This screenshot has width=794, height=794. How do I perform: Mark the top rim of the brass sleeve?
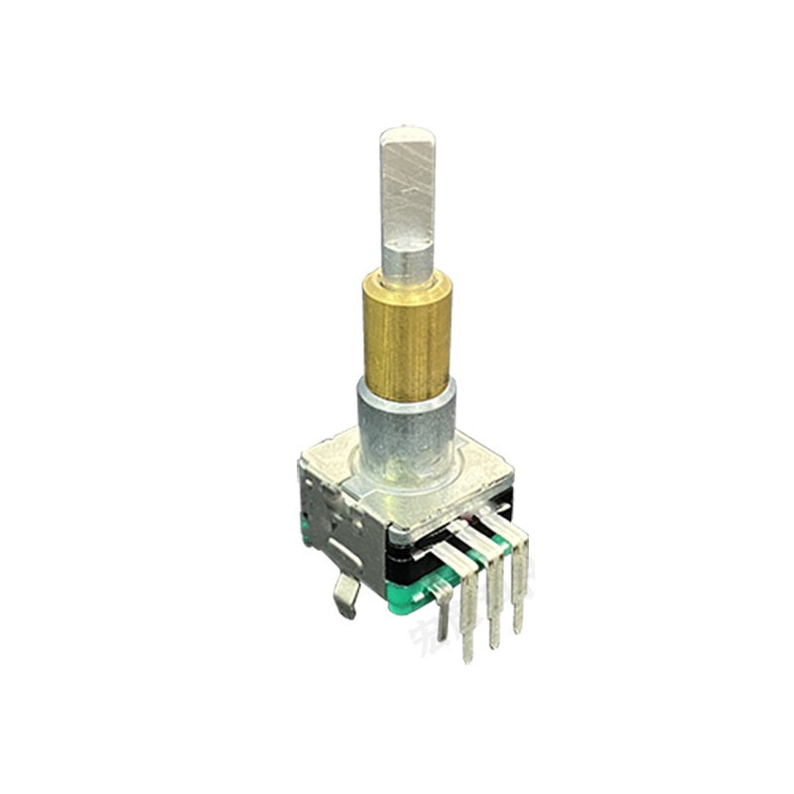pos(408,278)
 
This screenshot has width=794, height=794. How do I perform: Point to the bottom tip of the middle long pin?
pos(494,646)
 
